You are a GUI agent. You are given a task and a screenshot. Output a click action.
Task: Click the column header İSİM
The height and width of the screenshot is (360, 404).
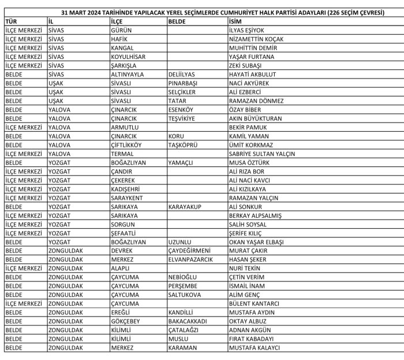(235, 21)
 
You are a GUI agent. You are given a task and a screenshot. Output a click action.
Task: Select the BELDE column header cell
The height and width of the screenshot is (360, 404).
(177, 21)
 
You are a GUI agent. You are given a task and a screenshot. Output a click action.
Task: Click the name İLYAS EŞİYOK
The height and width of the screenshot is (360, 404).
(246, 30)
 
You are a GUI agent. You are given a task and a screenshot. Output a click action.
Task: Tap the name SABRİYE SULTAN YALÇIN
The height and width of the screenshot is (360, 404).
(262, 154)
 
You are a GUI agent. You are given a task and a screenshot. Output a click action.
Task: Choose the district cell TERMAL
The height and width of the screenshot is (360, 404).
(122, 154)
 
